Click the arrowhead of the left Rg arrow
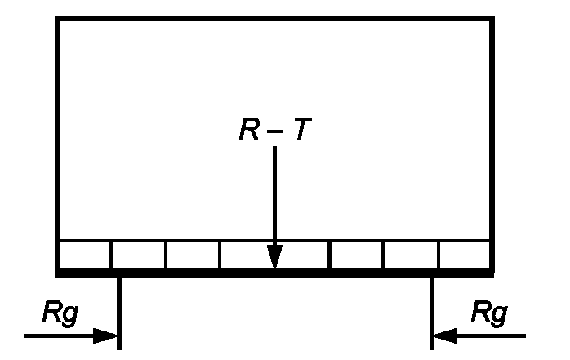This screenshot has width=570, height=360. pyautogui.click(x=109, y=335)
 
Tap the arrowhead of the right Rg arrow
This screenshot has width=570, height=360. pyautogui.click(x=443, y=335)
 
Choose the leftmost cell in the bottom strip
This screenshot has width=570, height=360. pyautogui.click(x=84, y=255)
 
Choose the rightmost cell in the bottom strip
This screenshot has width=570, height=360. pyautogui.click(x=465, y=255)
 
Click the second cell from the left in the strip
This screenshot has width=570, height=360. pyautogui.click(x=138, y=255)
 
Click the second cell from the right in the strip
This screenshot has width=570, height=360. pyautogui.click(x=412, y=255)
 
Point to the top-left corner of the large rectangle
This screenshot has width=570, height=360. pyautogui.click(x=58, y=19)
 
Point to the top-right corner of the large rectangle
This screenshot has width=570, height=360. pyautogui.click(x=492, y=19)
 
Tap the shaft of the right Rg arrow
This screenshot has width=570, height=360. pyautogui.click(x=490, y=335)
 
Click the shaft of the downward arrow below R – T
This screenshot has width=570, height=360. pyautogui.click(x=275, y=196)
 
